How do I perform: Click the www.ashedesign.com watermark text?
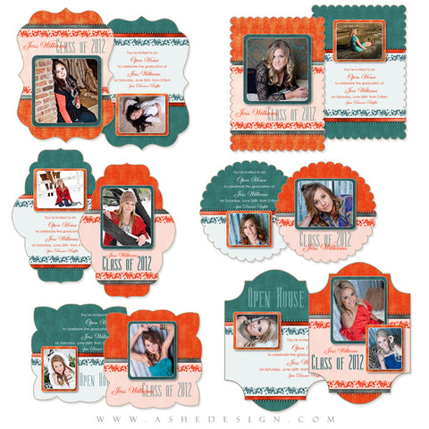tap(214, 418)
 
